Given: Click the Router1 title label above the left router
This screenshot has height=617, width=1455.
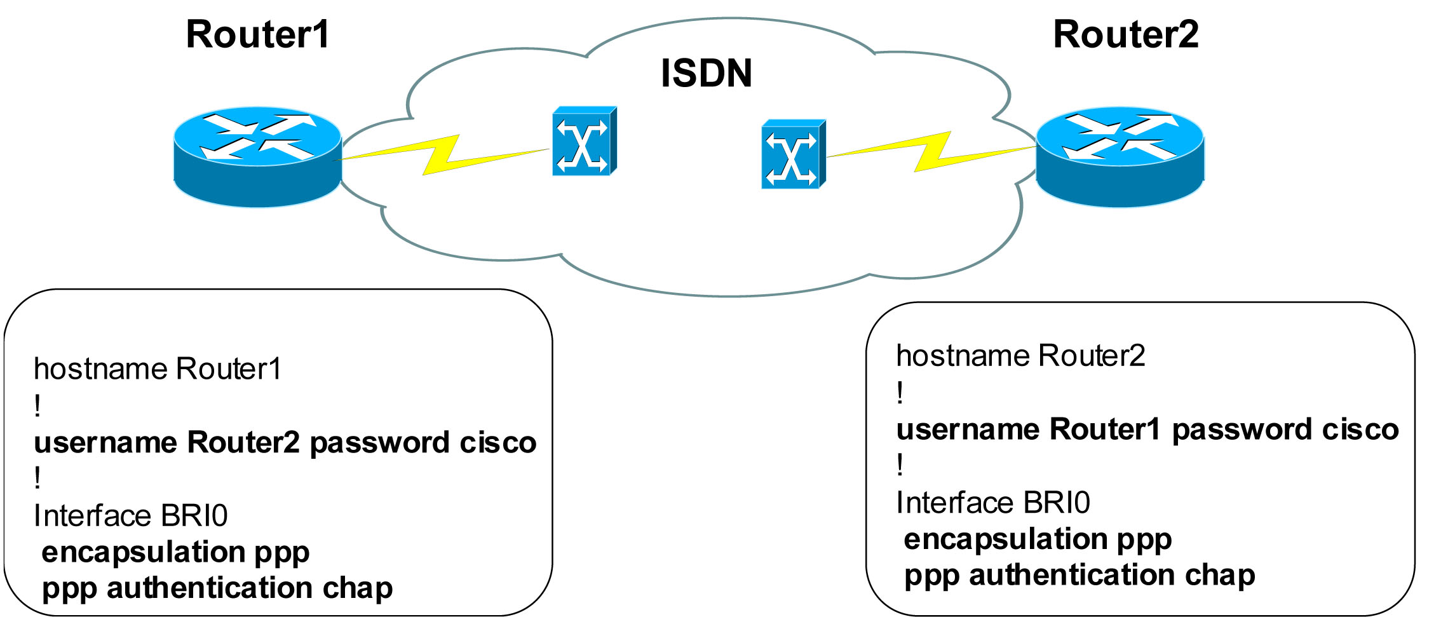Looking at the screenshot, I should (x=257, y=34).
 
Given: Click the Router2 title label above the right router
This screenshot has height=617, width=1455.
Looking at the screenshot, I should (x=1125, y=34).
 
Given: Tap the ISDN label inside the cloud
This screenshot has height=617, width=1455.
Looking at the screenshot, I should (x=706, y=73).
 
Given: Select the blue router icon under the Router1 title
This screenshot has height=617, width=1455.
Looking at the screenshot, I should (x=257, y=156).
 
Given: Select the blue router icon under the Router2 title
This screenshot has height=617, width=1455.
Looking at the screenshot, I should (x=1120, y=156).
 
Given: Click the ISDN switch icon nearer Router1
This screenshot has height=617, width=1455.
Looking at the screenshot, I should (x=584, y=141).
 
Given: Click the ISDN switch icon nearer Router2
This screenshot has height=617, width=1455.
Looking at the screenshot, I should (x=793, y=154).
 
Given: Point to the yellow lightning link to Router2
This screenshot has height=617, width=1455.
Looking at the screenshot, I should (x=931, y=152).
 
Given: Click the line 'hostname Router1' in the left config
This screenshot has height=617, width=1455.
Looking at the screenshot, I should (x=157, y=369).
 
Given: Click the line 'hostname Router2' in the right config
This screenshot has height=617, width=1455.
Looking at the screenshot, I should (x=1020, y=356).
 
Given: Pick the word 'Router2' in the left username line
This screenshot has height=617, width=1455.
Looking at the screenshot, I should (x=243, y=442).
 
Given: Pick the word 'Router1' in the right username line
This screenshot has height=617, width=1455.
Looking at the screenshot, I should (x=1105, y=430).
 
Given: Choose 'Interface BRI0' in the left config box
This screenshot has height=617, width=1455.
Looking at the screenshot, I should (x=130, y=515).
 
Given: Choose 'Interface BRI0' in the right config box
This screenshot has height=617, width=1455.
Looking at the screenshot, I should (x=992, y=503).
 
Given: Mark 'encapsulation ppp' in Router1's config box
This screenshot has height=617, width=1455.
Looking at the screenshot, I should (x=175, y=552).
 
